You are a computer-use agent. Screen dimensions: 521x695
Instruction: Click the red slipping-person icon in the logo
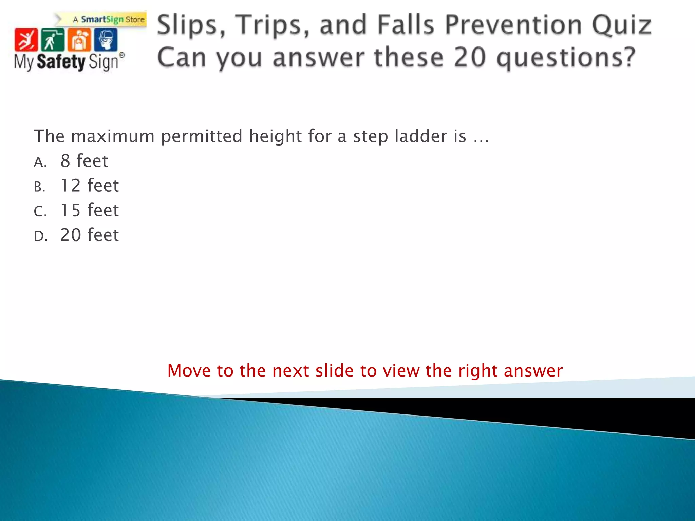coord(26,40)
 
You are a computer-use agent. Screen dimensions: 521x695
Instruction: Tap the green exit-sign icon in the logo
coord(52,40)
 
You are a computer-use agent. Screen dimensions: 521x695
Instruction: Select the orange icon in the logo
coord(79,40)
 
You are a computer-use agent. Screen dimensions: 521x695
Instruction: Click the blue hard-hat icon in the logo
coord(106,40)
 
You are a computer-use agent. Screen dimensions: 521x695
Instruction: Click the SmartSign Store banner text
coord(112,19)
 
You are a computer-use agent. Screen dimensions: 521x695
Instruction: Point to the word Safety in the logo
coord(61,62)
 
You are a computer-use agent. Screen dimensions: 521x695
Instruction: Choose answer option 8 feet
coord(84,161)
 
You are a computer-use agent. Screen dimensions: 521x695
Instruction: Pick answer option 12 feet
coord(90,186)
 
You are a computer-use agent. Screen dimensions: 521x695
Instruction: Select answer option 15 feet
coord(90,210)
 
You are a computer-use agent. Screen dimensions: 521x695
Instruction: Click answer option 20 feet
coord(90,235)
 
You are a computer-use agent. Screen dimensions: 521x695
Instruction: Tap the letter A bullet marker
coord(40,162)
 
